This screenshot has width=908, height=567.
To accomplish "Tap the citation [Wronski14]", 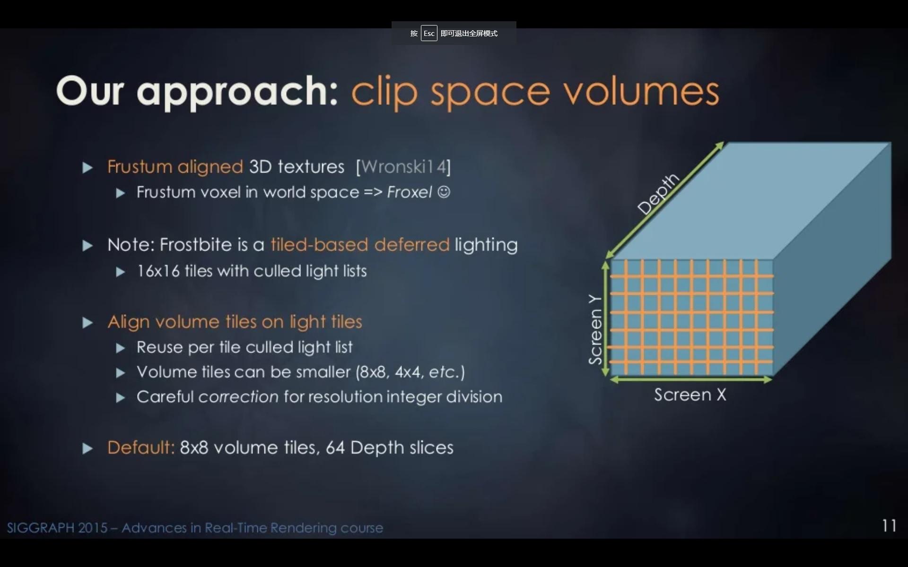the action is coord(403,167).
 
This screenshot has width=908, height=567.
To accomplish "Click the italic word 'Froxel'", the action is coord(409,192).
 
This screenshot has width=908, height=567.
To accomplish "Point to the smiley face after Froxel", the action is coord(444,192).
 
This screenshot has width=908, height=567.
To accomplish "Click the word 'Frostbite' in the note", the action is coord(196,245).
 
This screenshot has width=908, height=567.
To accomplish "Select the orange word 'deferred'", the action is coord(411,245).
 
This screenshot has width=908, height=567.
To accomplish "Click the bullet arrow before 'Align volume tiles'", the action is coord(87,323).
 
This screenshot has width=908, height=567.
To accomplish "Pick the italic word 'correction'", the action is coord(238,397).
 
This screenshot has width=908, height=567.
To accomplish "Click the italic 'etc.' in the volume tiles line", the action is coord(444,372).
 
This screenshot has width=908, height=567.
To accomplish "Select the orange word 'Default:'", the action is coord(141,447).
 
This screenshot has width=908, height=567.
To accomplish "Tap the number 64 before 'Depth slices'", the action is coord(335,448).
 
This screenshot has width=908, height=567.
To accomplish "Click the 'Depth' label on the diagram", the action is coord(658,194).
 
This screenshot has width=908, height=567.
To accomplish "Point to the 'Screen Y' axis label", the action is coord(595,330).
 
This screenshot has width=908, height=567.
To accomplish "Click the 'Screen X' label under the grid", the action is coord(690,395).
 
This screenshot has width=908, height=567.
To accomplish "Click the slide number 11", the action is coord(889,525).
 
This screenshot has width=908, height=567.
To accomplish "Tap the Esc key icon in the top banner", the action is coord(429,33).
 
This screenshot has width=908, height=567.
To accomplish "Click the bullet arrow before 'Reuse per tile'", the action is coord(121,348).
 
